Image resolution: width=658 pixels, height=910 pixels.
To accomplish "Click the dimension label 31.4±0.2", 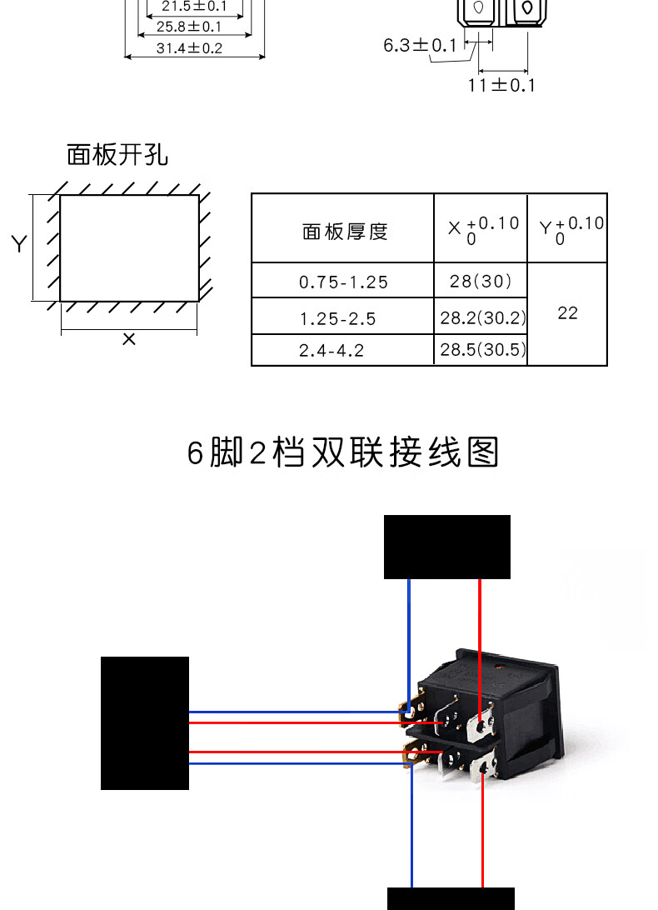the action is (x=189, y=48).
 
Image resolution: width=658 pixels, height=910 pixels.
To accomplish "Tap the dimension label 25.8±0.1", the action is (x=189, y=27).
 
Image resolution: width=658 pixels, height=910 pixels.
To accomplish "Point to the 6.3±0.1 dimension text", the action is (x=420, y=45).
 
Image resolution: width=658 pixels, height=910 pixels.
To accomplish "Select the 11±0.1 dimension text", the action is (x=501, y=85).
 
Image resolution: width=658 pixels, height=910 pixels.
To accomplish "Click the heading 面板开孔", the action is (x=117, y=155).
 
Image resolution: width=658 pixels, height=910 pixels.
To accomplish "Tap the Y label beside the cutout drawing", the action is (x=18, y=244).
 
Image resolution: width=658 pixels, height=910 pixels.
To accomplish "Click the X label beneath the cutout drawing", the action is (x=129, y=339).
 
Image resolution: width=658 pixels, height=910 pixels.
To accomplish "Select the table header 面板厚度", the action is (x=345, y=231).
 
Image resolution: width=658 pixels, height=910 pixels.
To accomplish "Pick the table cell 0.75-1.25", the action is (x=343, y=282).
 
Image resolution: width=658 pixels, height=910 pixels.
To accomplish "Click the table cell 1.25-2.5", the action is (x=337, y=319).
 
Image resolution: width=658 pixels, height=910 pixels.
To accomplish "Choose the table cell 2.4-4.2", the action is (x=331, y=351).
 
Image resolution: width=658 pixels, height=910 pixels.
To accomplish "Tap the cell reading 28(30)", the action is (x=481, y=282).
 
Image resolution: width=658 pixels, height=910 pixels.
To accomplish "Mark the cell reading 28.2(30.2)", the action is (x=483, y=318).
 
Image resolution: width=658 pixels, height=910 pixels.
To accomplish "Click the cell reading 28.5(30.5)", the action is (x=483, y=350).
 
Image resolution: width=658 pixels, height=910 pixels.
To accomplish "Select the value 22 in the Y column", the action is (x=567, y=313).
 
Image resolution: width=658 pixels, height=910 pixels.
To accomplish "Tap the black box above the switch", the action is (x=446, y=547).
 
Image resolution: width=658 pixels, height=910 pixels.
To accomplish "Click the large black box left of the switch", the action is (x=145, y=722).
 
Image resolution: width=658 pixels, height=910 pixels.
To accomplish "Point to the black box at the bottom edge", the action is (x=451, y=898).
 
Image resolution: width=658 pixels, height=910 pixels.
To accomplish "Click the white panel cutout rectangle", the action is (x=129, y=247).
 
